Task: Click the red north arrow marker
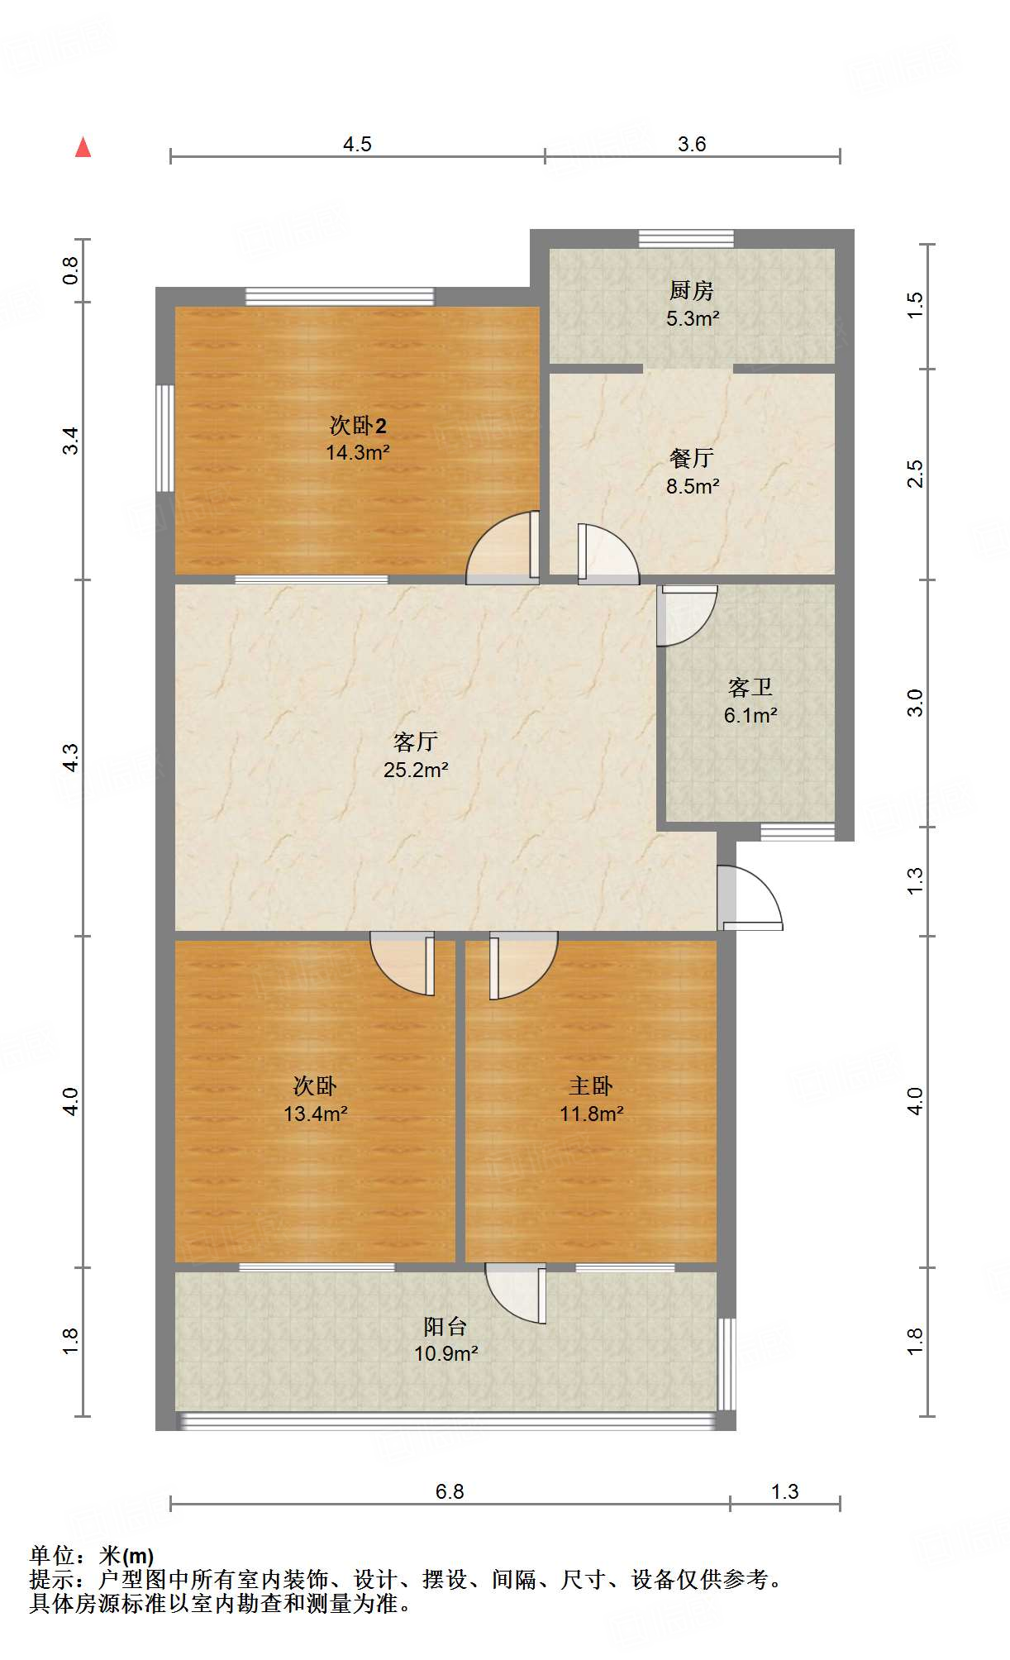83,148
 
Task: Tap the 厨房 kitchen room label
691,291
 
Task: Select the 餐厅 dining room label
691,458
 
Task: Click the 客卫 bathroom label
750,687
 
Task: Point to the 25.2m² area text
416,770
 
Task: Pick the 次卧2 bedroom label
357,426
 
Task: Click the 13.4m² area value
315,1114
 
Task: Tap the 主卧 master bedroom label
590,1086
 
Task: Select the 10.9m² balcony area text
446,1354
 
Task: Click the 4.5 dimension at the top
357,145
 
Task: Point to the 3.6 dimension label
692,145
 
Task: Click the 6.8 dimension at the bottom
450,1492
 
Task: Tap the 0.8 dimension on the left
71,270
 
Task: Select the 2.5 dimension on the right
915,474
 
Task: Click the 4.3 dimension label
71,757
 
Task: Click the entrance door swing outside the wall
750,899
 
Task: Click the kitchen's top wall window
686,239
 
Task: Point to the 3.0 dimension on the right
915,703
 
